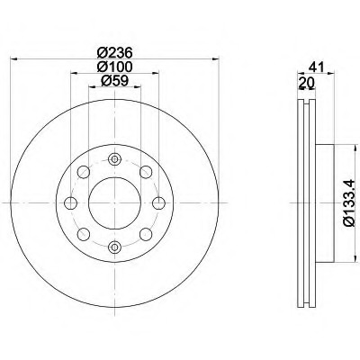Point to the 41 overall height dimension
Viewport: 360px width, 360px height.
click(314, 67)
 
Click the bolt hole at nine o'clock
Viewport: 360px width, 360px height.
click(70, 203)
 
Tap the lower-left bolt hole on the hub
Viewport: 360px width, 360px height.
click(83, 234)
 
